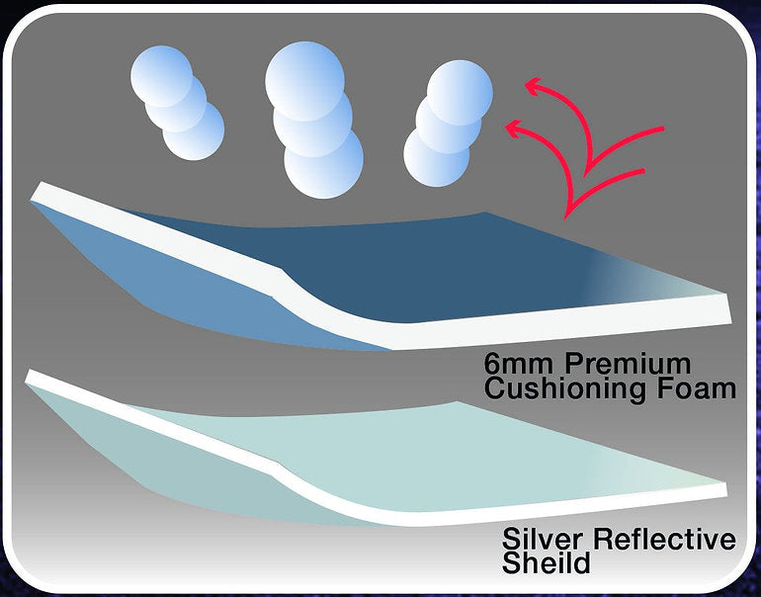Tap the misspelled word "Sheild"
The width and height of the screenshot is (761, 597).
[x=546, y=564]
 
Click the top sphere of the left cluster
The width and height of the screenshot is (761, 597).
[x=162, y=73]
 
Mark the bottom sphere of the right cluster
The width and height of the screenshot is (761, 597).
[x=435, y=156]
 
